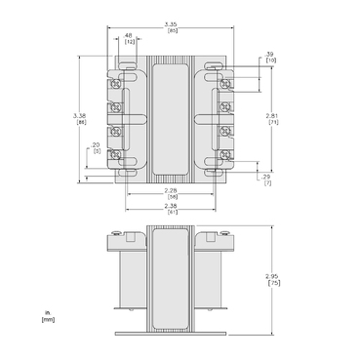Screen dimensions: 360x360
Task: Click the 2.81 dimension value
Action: coord(273,115)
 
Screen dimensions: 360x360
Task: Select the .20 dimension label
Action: coord(95,144)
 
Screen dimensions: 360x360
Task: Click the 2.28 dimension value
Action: coord(171,190)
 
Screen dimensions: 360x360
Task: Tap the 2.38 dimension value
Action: coord(171,205)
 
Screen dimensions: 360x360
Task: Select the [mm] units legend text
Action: coord(47,319)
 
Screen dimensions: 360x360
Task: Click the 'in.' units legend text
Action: coord(45,312)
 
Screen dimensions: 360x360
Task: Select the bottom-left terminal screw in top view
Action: coord(114,154)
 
